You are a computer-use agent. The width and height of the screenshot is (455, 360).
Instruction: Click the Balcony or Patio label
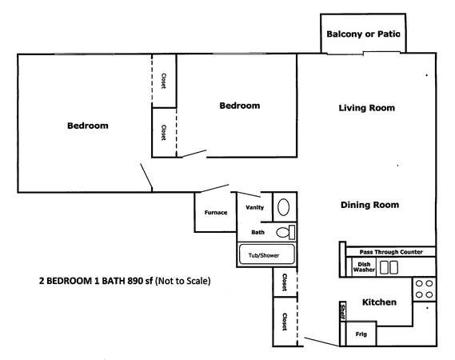tap(363, 34)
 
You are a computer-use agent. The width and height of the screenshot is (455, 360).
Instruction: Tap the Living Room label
tap(367, 108)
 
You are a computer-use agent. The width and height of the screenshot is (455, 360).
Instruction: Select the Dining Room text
tap(369, 205)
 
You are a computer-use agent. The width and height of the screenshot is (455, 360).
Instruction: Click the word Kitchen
tap(379, 302)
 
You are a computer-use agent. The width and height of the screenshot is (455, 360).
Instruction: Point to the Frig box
tap(361, 334)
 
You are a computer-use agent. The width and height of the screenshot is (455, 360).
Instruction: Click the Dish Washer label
tap(364, 267)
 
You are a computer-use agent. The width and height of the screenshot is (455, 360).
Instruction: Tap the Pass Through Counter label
tap(391, 252)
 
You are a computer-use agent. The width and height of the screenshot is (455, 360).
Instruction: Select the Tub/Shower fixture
tap(267, 254)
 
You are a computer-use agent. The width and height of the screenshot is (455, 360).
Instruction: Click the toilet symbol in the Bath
tap(285, 232)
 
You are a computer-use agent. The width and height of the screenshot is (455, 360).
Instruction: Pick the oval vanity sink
tap(284, 207)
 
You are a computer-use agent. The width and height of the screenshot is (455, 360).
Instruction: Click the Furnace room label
tap(216, 213)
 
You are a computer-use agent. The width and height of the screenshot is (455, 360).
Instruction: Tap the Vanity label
tap(255, 207)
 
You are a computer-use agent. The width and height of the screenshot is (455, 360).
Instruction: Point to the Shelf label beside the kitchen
tap(343, 311)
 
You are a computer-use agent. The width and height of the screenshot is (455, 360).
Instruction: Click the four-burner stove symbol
tap(425, 289)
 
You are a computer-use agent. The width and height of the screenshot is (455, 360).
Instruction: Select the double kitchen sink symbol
tap(389, 267)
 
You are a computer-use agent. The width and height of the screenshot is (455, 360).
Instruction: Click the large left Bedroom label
tap(88, 126)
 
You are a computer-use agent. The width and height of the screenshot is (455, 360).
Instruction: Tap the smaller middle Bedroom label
tap(240, 106)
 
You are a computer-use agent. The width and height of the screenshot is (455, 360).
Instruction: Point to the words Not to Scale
tap(183, 281)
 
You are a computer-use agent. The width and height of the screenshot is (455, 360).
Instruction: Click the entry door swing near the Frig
tap(321, 342)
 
